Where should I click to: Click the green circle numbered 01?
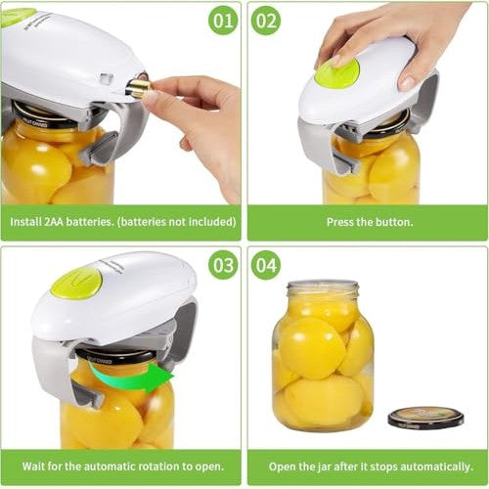point(224,20)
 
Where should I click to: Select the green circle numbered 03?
point(224,264)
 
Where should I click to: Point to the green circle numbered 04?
point(266,264)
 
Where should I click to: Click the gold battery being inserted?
point(138,88)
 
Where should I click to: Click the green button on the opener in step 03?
point(76,283)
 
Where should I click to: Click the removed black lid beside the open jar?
point(425,418)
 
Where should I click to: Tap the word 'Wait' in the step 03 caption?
point(25,467)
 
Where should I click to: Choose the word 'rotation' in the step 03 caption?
point(157,467)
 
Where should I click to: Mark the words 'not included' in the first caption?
point(192,222)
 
